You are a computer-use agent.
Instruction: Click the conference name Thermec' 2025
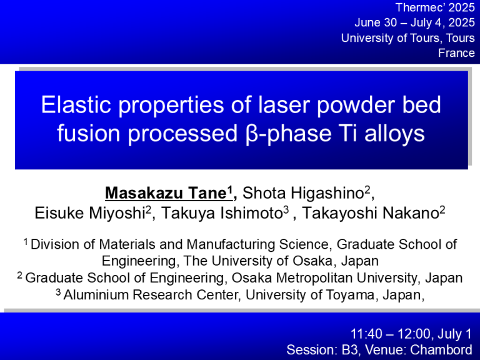coord(435,7)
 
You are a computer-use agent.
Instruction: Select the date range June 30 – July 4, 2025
coord(415,22)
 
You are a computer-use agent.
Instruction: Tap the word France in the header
coord(456,53)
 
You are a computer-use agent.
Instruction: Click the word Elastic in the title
coord(76,105)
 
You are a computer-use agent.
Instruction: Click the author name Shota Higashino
coord(302,193)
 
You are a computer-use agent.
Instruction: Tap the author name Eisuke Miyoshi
coord(90,213)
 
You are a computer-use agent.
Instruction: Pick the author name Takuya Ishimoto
coord(222,213)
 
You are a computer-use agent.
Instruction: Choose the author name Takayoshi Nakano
coord(371,213)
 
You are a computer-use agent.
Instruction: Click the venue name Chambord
coord(441,349)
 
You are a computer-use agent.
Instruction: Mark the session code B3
coord(348,349)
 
